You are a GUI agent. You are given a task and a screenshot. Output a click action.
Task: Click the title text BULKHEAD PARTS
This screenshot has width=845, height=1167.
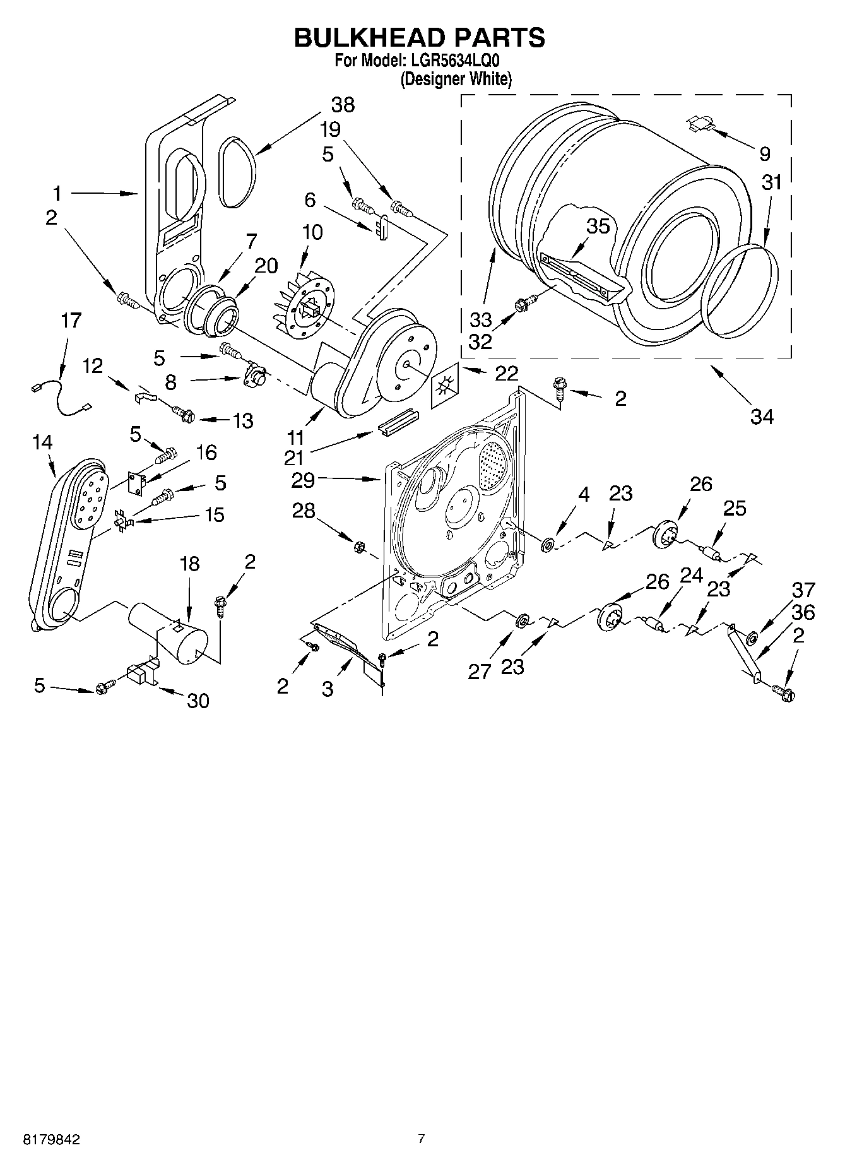[419, 39]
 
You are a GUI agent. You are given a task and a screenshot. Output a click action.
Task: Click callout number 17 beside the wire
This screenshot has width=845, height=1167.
[71, 321]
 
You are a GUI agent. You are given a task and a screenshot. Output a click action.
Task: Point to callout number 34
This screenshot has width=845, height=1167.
[762, 416]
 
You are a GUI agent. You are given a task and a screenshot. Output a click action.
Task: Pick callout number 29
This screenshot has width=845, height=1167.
[304, 480]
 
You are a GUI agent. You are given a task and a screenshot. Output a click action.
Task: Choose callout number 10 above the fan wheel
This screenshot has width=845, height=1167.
[312, 232]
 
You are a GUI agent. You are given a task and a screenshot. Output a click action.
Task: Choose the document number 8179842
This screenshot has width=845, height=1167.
[52, 1140]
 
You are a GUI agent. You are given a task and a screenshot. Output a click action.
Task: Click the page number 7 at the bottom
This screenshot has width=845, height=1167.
[422, 1139]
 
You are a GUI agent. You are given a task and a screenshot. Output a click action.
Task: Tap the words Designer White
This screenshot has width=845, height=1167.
[456, 79]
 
